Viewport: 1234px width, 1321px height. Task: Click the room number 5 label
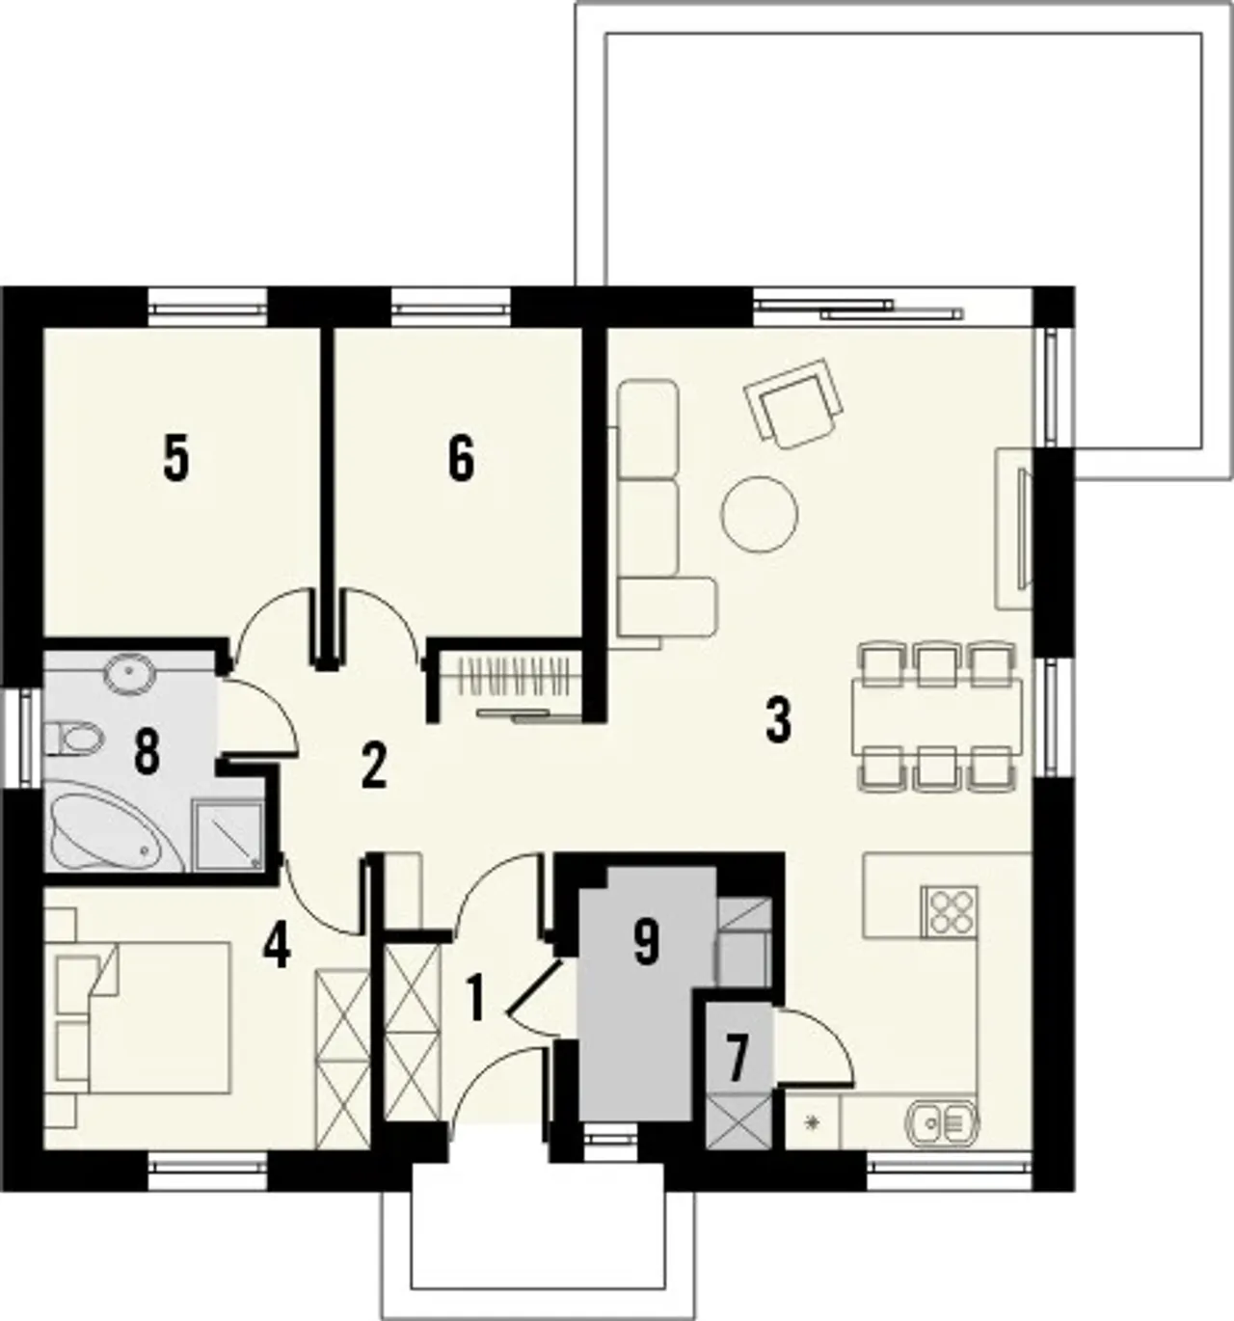tap(176, 457)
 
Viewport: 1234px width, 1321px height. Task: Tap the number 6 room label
tap(461, 457)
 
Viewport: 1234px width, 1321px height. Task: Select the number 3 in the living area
tap(778, 719)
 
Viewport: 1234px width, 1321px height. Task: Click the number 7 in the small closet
tap(738, 1060)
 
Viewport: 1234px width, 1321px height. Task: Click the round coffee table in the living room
tap(760, 514)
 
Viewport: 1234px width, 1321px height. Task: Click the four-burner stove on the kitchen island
tap(949, 911)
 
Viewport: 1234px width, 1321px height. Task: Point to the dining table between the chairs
tap(937, 715)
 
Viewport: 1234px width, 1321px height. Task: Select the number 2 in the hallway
tap(373, 767)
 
